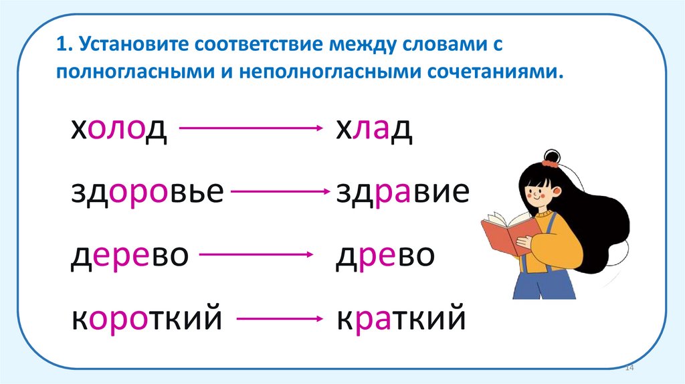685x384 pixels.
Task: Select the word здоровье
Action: pyautogui.click(x=147, y=193)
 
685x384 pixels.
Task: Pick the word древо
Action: pyautogui.click(x=385, y=256)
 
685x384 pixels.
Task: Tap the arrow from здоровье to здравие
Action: pyautogui.click(x=281, y=193)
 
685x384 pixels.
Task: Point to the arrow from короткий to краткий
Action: pyautogui.click(x=281, y=320)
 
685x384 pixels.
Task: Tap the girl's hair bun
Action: pyautogui.click(x=551, y=158)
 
